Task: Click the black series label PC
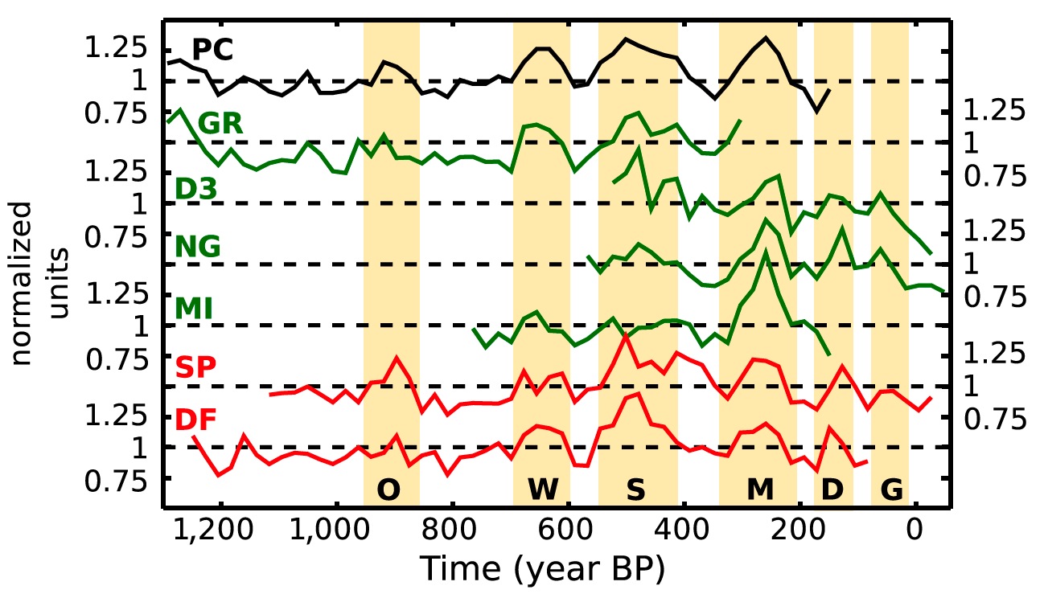[212, 51]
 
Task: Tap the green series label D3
[196, 188]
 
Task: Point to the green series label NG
[198, 247]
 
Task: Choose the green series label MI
[193, 308]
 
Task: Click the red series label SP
[195, 368]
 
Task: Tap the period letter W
[542, 489]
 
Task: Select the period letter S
[635, 489]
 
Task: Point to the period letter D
[832, 489]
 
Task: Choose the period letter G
[890, 489]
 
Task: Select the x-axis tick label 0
[914, 532]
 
